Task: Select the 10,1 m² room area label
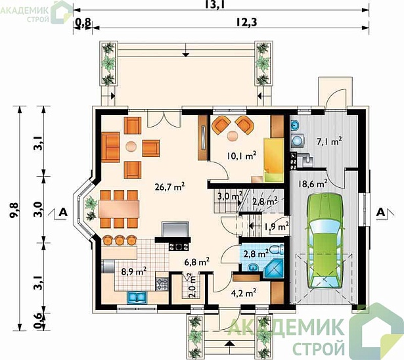pos(242,156)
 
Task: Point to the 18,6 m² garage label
pos(313,184)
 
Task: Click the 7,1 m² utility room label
pos(330,142)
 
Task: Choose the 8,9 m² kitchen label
pos(134,271)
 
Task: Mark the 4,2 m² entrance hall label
pos(243,293)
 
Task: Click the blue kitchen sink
pos(137,298)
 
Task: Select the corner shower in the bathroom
pos(274,269)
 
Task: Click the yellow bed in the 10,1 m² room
pos(273,160)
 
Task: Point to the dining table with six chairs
pos(119,209)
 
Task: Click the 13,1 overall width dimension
pos(214,5)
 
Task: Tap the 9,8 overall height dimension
pos(14,210)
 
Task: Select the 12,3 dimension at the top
pos(247,22)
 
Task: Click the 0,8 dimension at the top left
pos(83,22)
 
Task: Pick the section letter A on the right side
pos(380,212)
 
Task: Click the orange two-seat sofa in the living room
pos(110,147)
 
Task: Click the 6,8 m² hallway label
pos(197,262)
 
